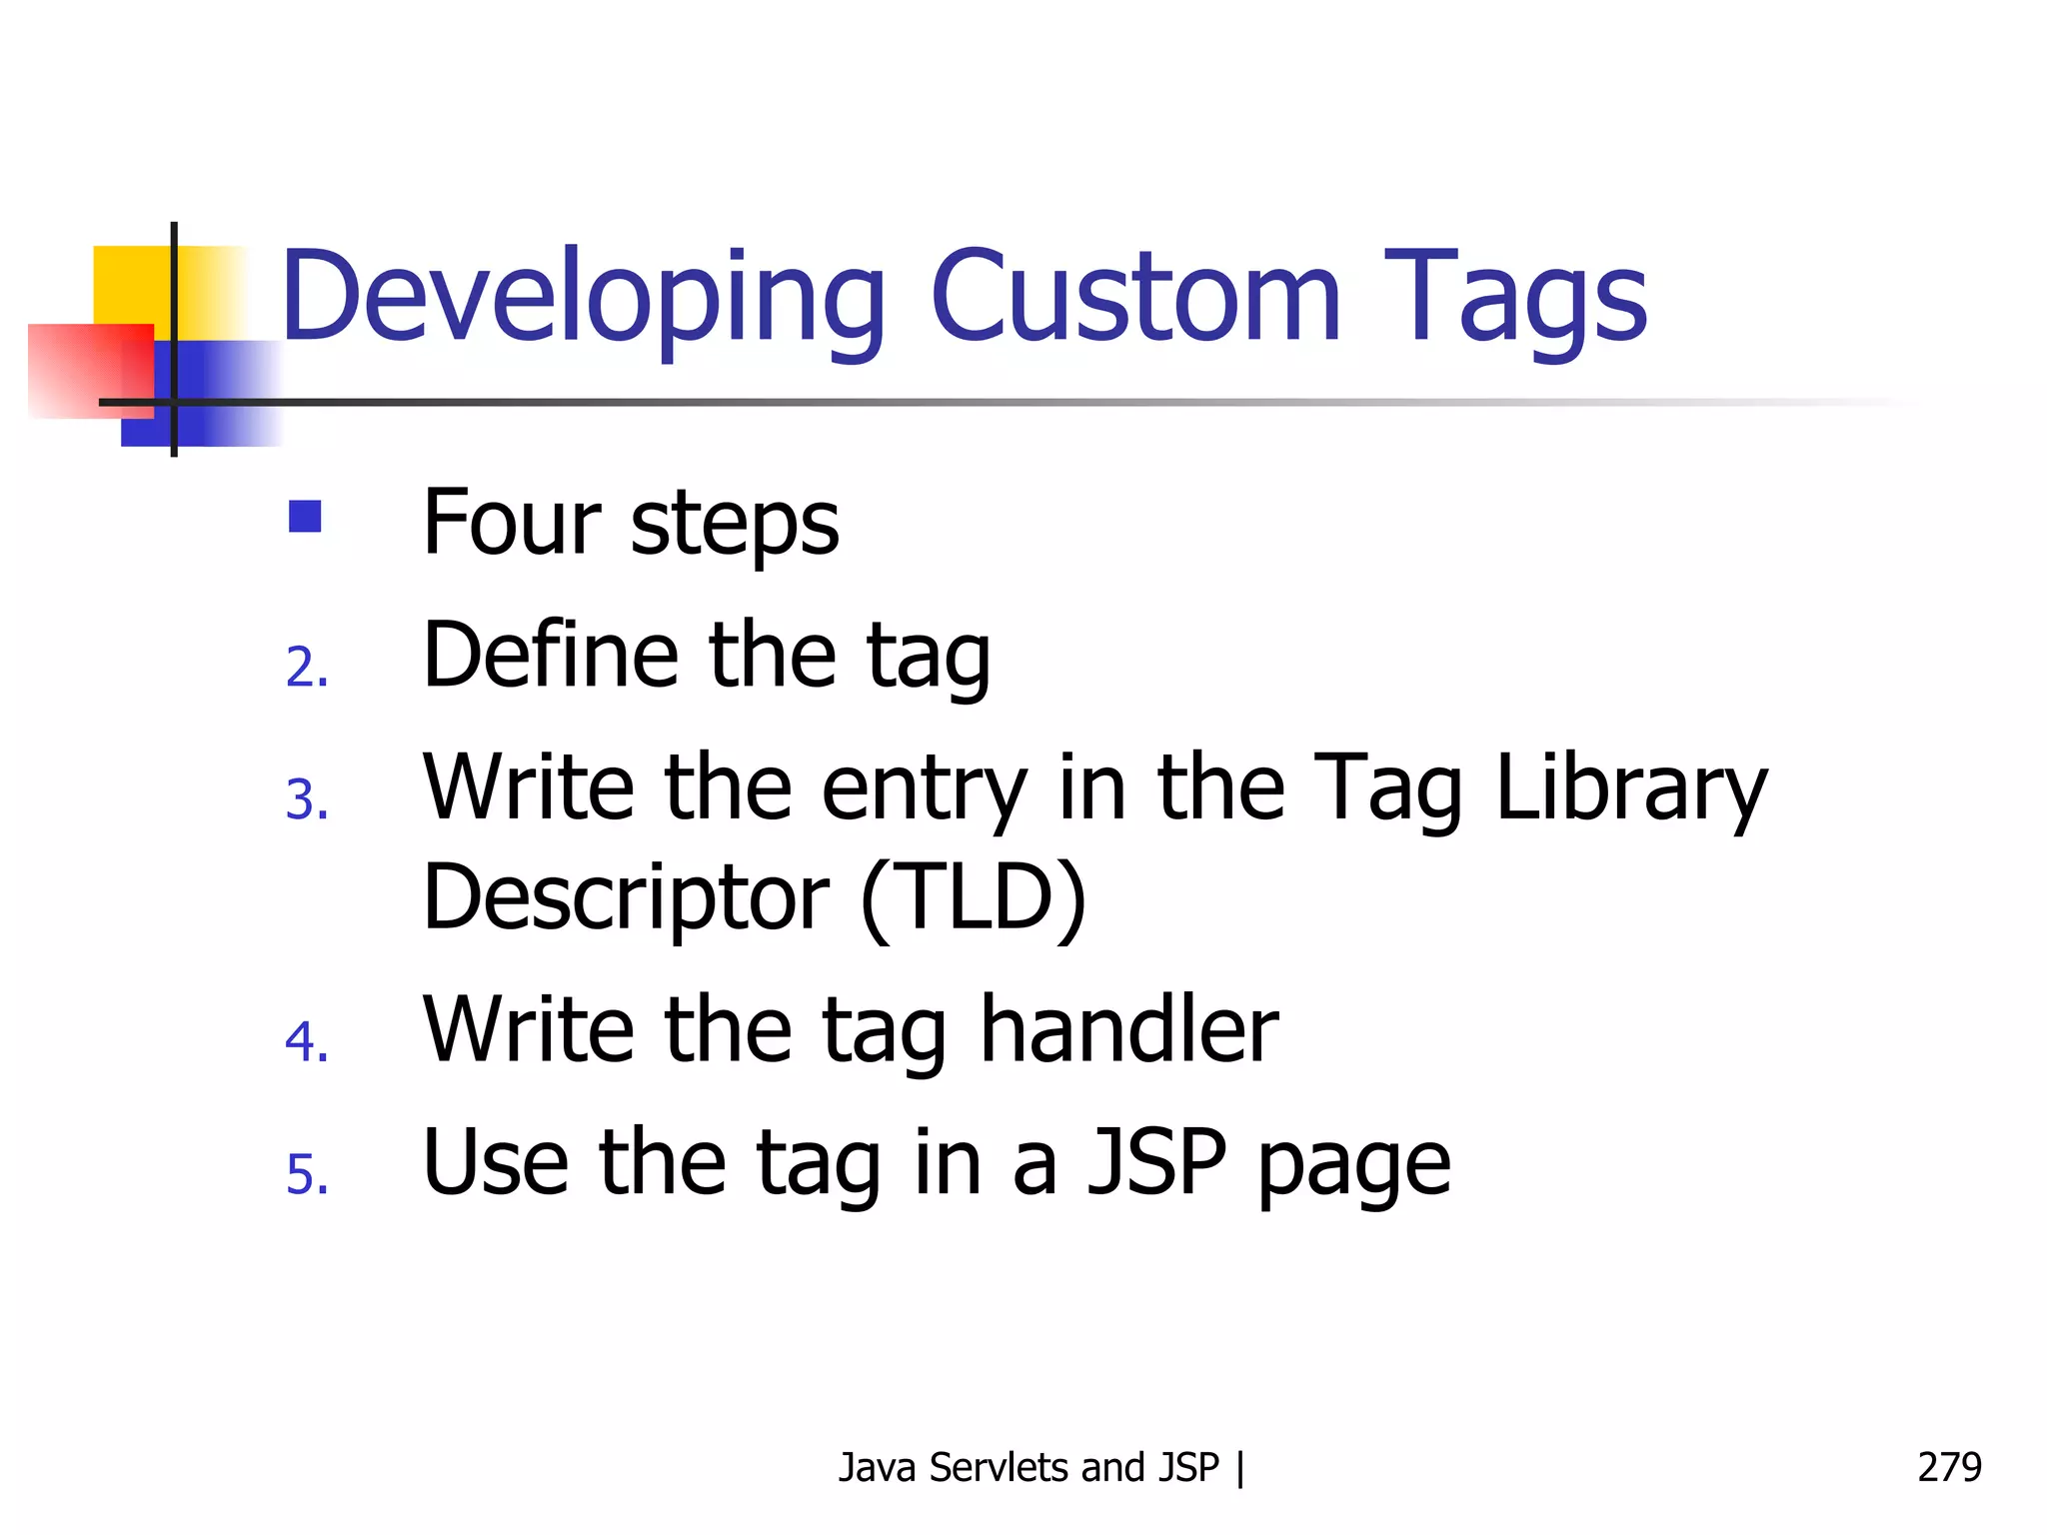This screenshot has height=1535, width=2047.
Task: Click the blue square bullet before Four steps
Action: tap(305, 517)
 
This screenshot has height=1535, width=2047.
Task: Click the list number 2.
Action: tap(306, 668)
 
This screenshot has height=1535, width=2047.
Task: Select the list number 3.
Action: tap(306, 800)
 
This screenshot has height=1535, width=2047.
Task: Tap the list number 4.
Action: tap(306, 1041)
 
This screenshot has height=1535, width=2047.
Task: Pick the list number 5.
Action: tap(306, 1174)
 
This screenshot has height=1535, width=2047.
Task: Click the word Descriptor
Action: tap(626, 896)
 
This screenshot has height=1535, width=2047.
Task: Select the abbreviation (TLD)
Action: tap(973, 896)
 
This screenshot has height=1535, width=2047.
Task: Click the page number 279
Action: tap(1948, 1467)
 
